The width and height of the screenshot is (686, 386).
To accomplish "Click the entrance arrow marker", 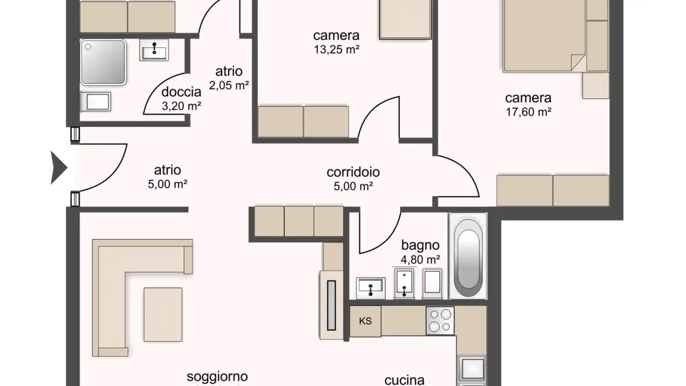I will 59,167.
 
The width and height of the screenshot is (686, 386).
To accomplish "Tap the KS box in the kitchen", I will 365,321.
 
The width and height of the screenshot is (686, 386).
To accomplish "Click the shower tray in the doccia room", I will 103,62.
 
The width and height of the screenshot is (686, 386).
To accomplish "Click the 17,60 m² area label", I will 528,112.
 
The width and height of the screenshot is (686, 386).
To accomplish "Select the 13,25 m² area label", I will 336,49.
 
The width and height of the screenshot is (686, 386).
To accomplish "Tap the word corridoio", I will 353,172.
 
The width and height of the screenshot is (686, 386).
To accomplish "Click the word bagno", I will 420,246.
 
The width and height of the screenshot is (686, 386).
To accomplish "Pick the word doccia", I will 181,92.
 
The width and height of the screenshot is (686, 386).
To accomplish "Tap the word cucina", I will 404,380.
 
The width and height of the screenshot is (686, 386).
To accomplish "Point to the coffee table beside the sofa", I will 163,314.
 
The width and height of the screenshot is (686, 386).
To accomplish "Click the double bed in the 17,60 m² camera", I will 543,36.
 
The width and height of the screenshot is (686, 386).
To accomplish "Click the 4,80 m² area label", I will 420,260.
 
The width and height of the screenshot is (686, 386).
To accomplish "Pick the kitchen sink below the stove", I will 471,369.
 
